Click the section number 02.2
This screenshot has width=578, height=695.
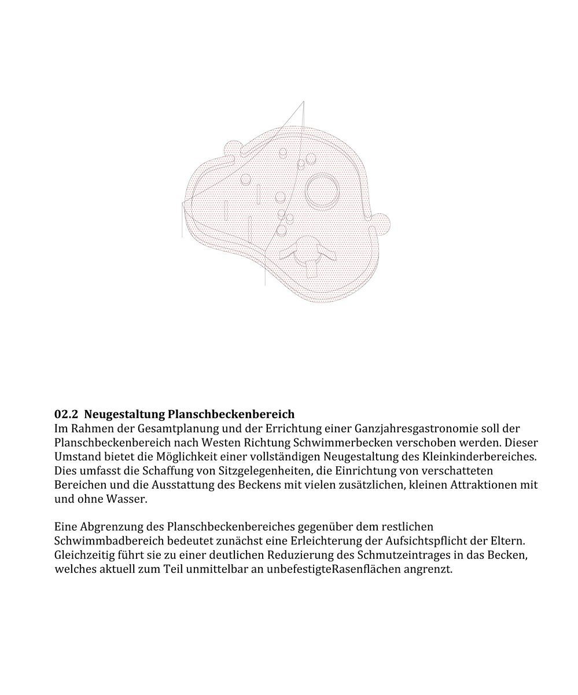point(65,415)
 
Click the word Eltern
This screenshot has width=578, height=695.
point(507,542)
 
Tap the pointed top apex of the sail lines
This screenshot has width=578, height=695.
point(304,103)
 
